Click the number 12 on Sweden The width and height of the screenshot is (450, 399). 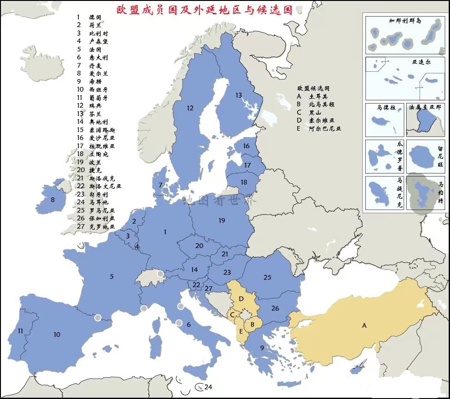[190, 109]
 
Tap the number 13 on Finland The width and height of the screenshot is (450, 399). [238, 95]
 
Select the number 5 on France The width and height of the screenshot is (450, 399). [111, 277]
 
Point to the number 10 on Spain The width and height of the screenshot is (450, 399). [57, 335]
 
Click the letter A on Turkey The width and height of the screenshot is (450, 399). [364, 325]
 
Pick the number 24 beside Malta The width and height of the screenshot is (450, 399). [208, 387]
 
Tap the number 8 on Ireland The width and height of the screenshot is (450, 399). [53, 200]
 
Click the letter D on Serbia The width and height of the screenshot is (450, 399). [241, 299]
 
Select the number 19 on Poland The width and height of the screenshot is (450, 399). [222, 221]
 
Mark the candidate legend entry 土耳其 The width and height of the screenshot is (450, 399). [318, 97]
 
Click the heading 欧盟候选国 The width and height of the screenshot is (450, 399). [313, 88]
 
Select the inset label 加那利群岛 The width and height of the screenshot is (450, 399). [405, 21]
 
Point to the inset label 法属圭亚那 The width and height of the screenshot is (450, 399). [425, 107]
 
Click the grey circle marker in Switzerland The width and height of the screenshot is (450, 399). [160, 274]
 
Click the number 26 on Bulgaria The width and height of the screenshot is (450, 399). [275, 308]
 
